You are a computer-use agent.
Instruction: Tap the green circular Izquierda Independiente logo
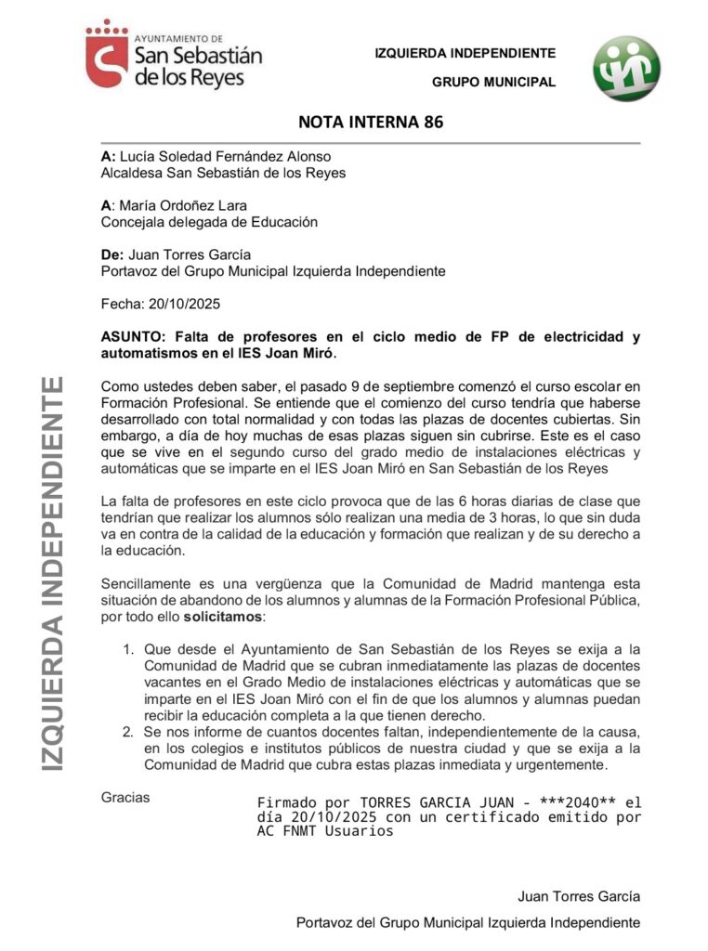(x=627, y=69)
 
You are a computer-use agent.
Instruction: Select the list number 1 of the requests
(x=129, y=648)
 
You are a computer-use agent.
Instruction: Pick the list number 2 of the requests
(x=129, y=733)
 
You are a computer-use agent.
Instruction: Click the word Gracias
(x=125, y=797)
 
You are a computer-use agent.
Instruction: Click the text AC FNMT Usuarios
(x=325, y=831)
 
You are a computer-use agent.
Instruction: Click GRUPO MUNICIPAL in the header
(x=493, y=82)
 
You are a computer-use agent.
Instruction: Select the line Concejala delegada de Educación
(x=209, y=222)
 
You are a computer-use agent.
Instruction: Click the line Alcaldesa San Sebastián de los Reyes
(x=223, y=173)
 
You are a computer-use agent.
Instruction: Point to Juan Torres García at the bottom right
(x=579, y=896)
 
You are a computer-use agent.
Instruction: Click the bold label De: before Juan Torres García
(x=111, y=254)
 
